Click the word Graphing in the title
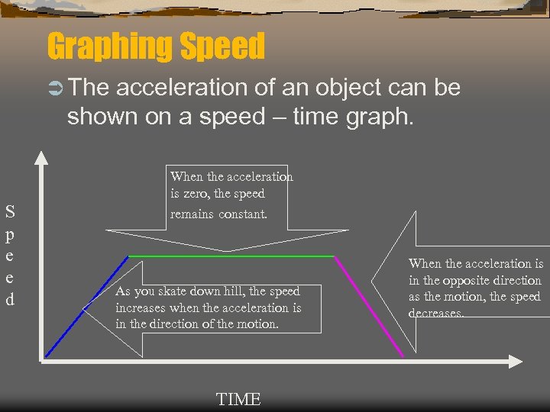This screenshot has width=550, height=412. pyautogui.click(x=110, y=47)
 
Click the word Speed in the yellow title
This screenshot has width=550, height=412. pyautogui.click(x=222, y=47)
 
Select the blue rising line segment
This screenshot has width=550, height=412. pyautogui.click(x=86, y=306)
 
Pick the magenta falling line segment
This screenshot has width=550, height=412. pyautogui.click(x=369, y=305)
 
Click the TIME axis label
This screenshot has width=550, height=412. pyautogui.click(x=238, y=399)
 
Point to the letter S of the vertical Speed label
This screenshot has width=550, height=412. pyautogui.click(x=10, y=211)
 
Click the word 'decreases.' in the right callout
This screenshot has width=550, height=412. pyautogui.click(x=436, y=313)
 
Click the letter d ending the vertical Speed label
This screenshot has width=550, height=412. pyautogui.click(x=10, y=299)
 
